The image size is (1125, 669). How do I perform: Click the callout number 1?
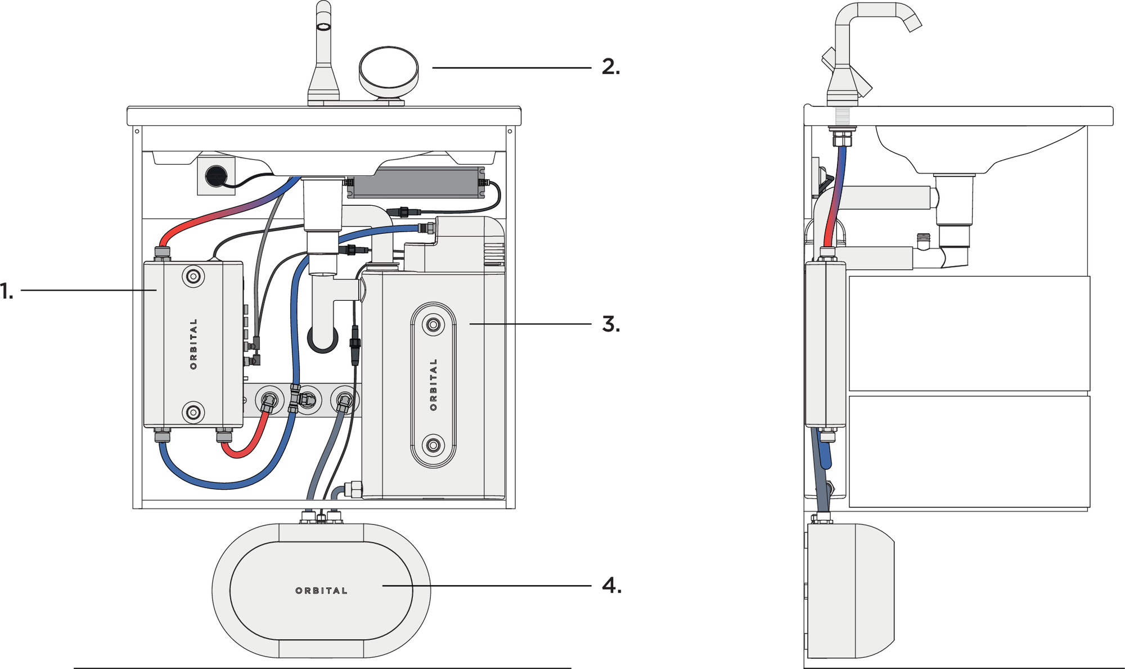coord(6,292)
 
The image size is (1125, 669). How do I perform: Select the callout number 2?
coord(611,67)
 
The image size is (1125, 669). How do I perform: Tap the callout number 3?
coord(611,324)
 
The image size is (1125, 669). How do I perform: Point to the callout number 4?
coord(611,586)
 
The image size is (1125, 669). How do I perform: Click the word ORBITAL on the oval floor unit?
coord(321,590)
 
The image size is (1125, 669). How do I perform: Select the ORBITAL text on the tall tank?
coord(433,385)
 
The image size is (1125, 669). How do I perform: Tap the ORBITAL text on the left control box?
coord(193,343)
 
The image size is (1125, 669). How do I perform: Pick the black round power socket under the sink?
coord(215,177)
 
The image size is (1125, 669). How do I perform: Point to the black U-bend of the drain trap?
coord(323,341)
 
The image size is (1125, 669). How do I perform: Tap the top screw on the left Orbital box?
coord(193,276)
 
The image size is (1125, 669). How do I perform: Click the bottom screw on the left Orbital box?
coord(193,413)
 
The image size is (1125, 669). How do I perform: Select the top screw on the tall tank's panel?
coord(433,324)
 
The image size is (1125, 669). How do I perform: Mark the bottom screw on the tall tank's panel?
coord(433,446)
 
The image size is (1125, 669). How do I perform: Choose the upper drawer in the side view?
coord(969,333)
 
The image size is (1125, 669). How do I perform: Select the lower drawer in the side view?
coord(969,451)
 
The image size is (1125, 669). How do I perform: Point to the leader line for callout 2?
coord(512,68)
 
